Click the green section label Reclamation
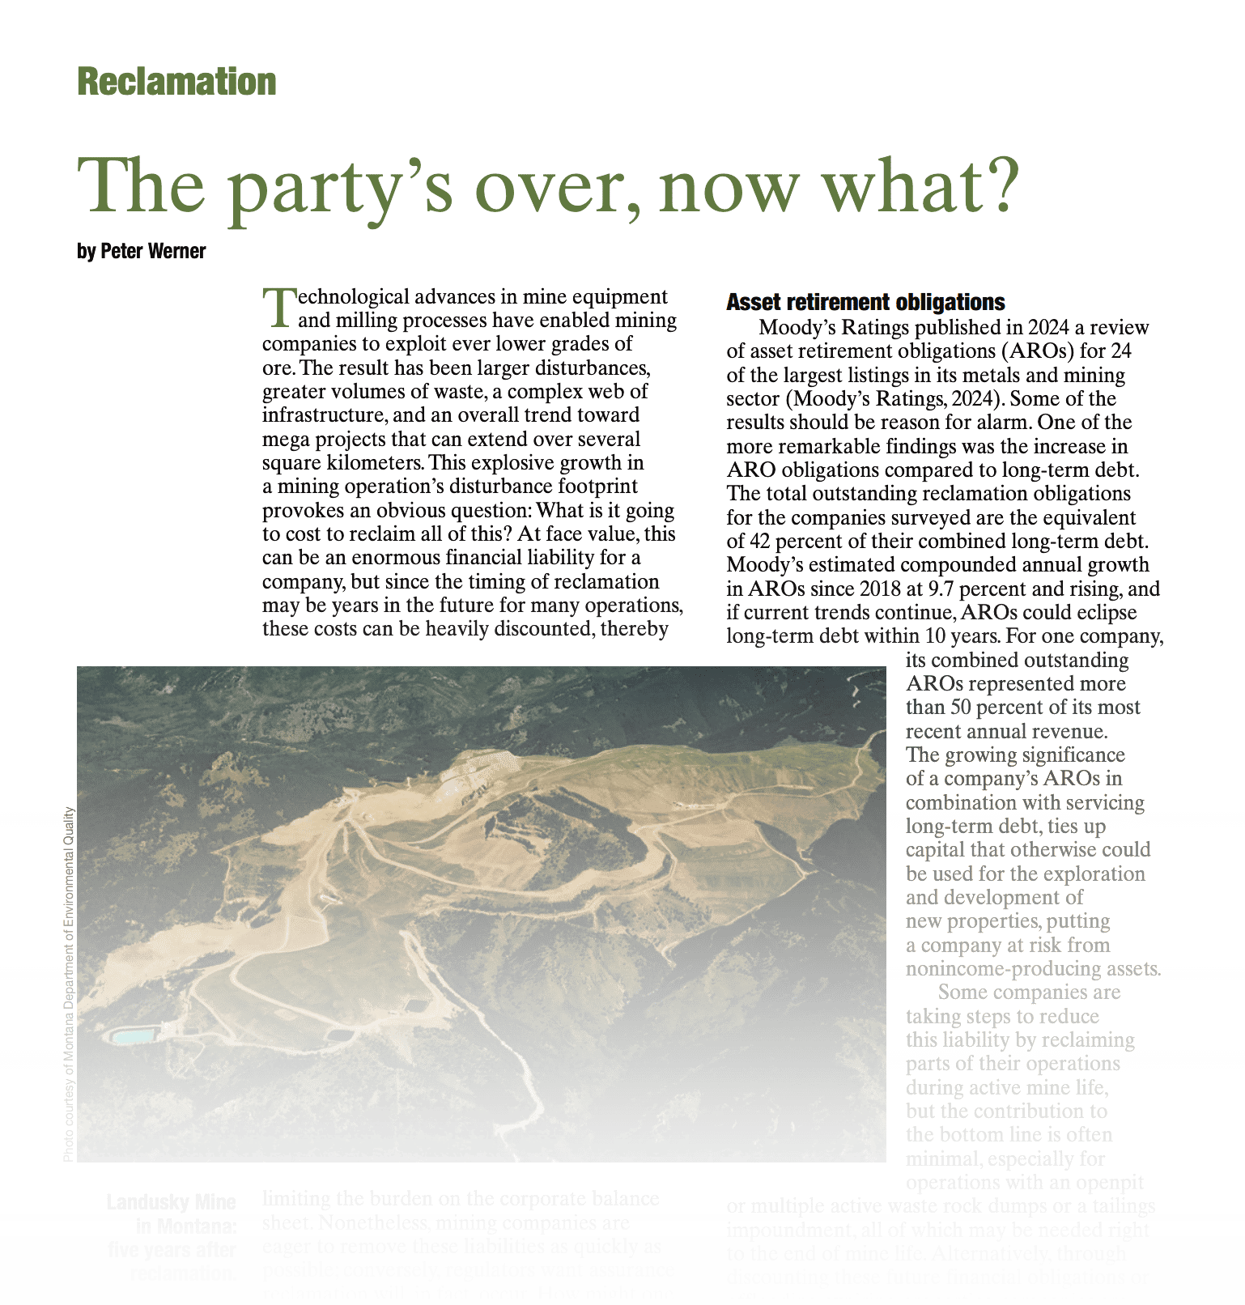tap(176, 82)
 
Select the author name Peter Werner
tap(153, 251)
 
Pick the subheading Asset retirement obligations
tap(865, 302)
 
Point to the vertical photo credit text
tap(69, 984)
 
